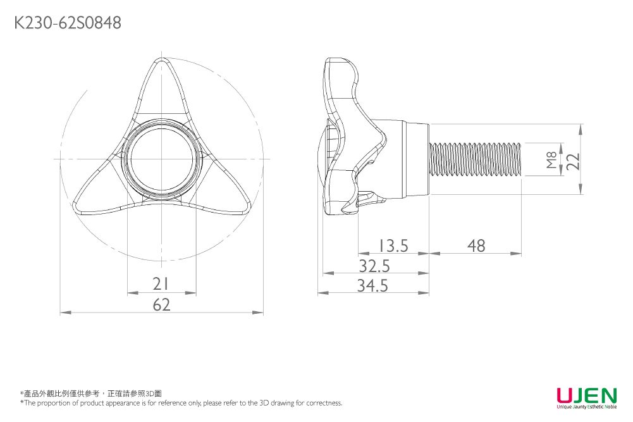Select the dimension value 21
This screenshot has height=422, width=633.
(161, 283)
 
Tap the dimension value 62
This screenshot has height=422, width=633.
(161, 304)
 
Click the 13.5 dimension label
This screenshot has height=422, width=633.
(393, 245)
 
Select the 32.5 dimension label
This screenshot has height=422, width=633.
(374, 265)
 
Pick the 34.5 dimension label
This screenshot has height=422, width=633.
(372, 286)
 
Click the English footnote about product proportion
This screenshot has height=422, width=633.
(181, 403)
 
